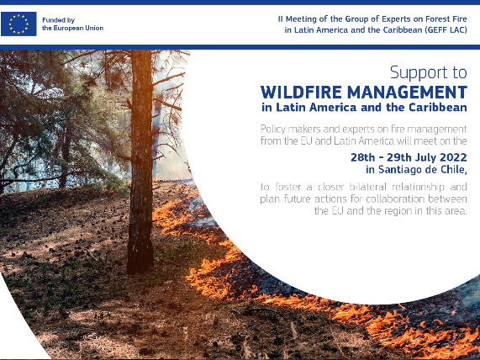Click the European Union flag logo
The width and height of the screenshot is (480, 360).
click(18, 24)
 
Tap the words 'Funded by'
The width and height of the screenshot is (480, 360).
click(59, 20)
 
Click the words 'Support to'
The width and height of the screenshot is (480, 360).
click(429, 72)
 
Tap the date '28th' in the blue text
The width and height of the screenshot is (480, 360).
click(363, 157)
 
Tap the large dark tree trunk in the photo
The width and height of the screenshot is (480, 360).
click(140, 162)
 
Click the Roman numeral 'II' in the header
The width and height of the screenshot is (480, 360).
click(281, 19)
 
